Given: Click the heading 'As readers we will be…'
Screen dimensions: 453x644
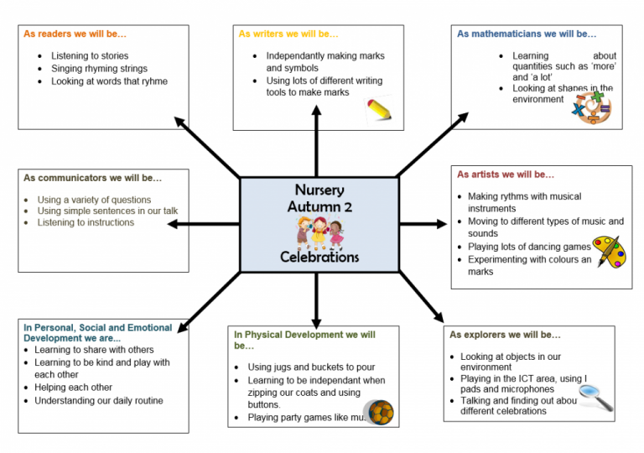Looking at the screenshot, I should [x=74, y=34].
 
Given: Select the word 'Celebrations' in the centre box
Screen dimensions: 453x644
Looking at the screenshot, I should [x=319, y=258].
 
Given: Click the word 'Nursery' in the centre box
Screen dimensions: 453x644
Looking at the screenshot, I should [x=319, y=190].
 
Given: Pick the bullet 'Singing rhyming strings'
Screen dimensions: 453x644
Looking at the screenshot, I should [x=99, y=69].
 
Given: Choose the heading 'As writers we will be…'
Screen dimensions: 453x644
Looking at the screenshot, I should [x=288, y=34].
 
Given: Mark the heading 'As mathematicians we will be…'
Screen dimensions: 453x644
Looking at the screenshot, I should [x=527, y=34].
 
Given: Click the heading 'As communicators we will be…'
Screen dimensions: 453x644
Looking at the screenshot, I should [x=92, y=178].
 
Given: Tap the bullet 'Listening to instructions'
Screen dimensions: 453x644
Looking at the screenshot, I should [x=86, y=222].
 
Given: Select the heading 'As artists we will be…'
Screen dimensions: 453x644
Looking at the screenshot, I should [x=505, y=174].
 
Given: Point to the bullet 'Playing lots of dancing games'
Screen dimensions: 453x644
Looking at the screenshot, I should [x=530, y=247].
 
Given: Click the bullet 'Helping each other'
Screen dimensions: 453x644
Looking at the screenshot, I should [x=73, y=388].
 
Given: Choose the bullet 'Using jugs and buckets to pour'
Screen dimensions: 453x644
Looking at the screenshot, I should [x=311, y=367].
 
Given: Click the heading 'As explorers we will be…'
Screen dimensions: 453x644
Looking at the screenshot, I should [x=505, y=335].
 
